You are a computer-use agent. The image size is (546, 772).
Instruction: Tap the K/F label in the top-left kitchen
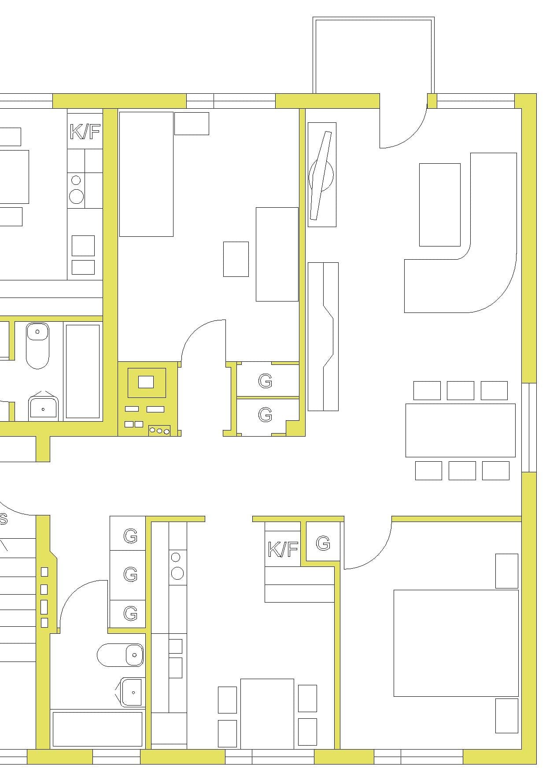coord(85,132)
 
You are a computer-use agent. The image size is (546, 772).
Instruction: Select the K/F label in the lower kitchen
coord(283,549)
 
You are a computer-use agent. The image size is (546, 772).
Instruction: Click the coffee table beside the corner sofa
coord(440,205)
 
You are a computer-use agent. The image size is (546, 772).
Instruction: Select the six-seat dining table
coord(460,430)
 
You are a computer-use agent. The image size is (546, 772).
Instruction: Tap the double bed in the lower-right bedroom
coord(456,643)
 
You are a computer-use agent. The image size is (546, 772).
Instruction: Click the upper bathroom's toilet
coord(37,346)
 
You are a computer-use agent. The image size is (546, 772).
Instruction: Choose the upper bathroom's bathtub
coord(83,371)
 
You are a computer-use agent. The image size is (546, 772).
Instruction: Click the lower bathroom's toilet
coord(120,654)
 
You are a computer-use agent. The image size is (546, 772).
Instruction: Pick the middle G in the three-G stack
coord(130,574)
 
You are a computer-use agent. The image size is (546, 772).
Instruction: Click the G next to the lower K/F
coord(323,544)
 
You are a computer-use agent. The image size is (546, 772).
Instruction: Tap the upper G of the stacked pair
coord(265,381)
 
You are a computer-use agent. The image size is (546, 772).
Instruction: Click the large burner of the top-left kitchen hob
coord(77,196)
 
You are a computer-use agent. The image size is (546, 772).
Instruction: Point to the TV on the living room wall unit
coord(321,175)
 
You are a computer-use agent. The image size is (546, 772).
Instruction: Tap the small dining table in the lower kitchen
coord(267,713)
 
